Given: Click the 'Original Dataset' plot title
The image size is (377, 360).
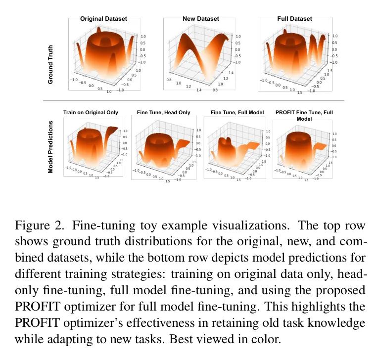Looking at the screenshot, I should (x=103, y=19).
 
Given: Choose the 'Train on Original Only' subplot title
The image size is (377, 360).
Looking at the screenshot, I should (x=91, y=113).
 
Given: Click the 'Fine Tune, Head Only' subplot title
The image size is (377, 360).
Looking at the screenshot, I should (x=163, y=113).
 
